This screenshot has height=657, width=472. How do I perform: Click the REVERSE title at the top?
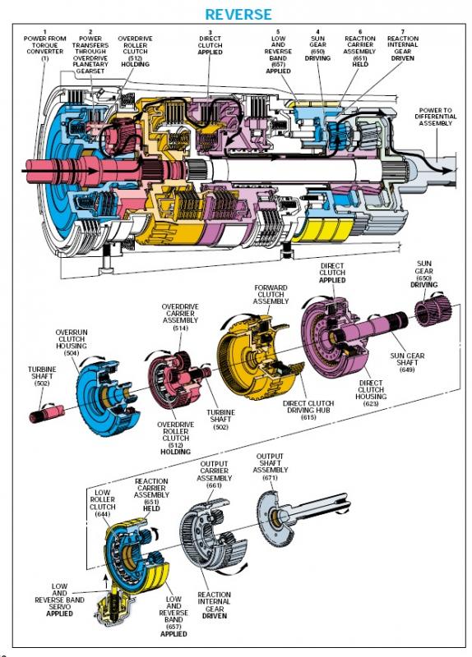[x=238, y=14]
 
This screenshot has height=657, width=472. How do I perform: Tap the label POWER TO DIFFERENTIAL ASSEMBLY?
[x=435, y=117]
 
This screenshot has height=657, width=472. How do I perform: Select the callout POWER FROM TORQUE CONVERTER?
[x=45, y=45]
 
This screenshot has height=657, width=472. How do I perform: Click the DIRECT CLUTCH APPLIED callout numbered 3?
[x=210, y=43]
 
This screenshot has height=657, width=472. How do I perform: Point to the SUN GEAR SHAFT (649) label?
[x=407, y=362]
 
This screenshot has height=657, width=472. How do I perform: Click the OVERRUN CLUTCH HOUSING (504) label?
[x=72, y=342]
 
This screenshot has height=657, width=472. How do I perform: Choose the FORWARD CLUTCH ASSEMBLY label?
[x=271, y=294]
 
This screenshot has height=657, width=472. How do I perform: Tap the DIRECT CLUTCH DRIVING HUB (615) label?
[x=308, y=410]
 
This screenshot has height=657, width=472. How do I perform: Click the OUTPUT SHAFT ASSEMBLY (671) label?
[x=271, y=466]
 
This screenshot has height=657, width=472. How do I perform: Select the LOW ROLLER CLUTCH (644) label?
[x=102, y=503]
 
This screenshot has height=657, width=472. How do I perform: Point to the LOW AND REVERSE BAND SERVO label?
[x=59, y=600]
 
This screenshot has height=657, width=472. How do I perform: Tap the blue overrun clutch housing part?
[x=105, y=397]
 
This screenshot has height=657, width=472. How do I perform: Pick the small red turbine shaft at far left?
[x=46, y=413]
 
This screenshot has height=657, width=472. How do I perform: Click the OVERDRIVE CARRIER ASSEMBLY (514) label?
[x=180, y=317]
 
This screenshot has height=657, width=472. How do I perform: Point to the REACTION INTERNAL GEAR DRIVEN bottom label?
[x=214, y=605]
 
